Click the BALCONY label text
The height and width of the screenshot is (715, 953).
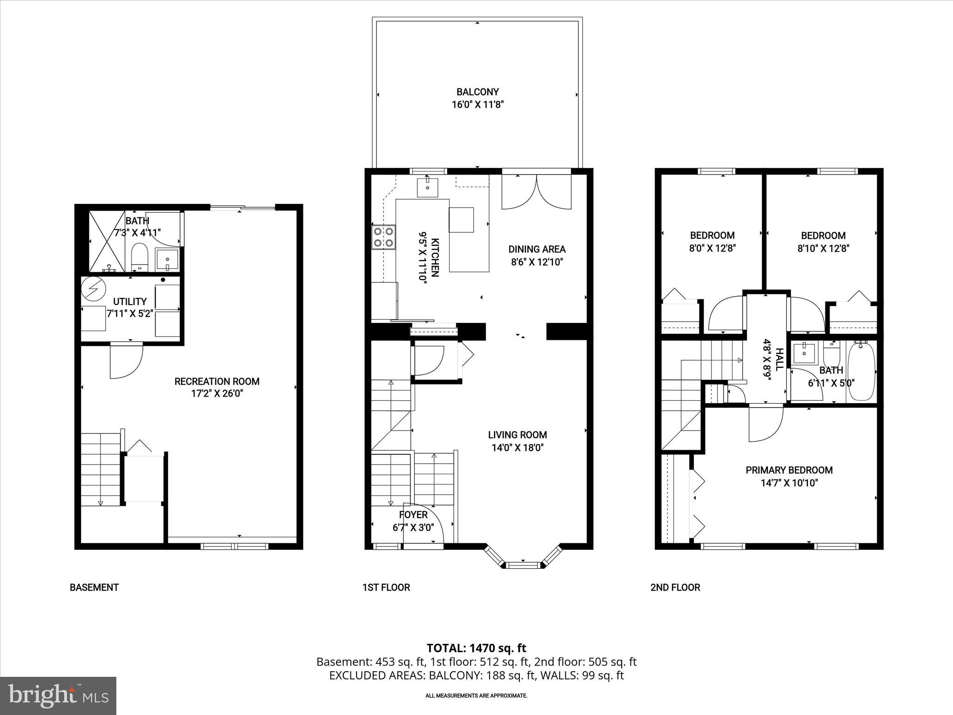tap(477, 92)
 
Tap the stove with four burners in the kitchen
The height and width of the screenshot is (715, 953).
tap(383, 237)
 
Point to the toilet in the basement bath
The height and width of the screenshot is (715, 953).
tap(139, 258)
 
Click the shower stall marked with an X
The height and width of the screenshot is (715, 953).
tap(107, 242)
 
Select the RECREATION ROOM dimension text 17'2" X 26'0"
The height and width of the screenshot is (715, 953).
tap(217, 394)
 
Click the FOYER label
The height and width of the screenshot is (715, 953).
tap(413, 515)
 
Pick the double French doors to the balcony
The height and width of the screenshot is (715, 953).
tap(537, 193)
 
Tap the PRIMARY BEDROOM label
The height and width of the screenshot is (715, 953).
tap(789, 470)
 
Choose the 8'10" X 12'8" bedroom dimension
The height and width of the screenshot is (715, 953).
tap(823, 249)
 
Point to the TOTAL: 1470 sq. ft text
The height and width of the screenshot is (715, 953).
tap(476, 648)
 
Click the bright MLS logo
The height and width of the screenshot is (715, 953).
tap(58, 695)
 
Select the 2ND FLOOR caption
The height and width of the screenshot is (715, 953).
tap(675, 587)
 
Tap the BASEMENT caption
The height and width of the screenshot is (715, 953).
tap(94, 587)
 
